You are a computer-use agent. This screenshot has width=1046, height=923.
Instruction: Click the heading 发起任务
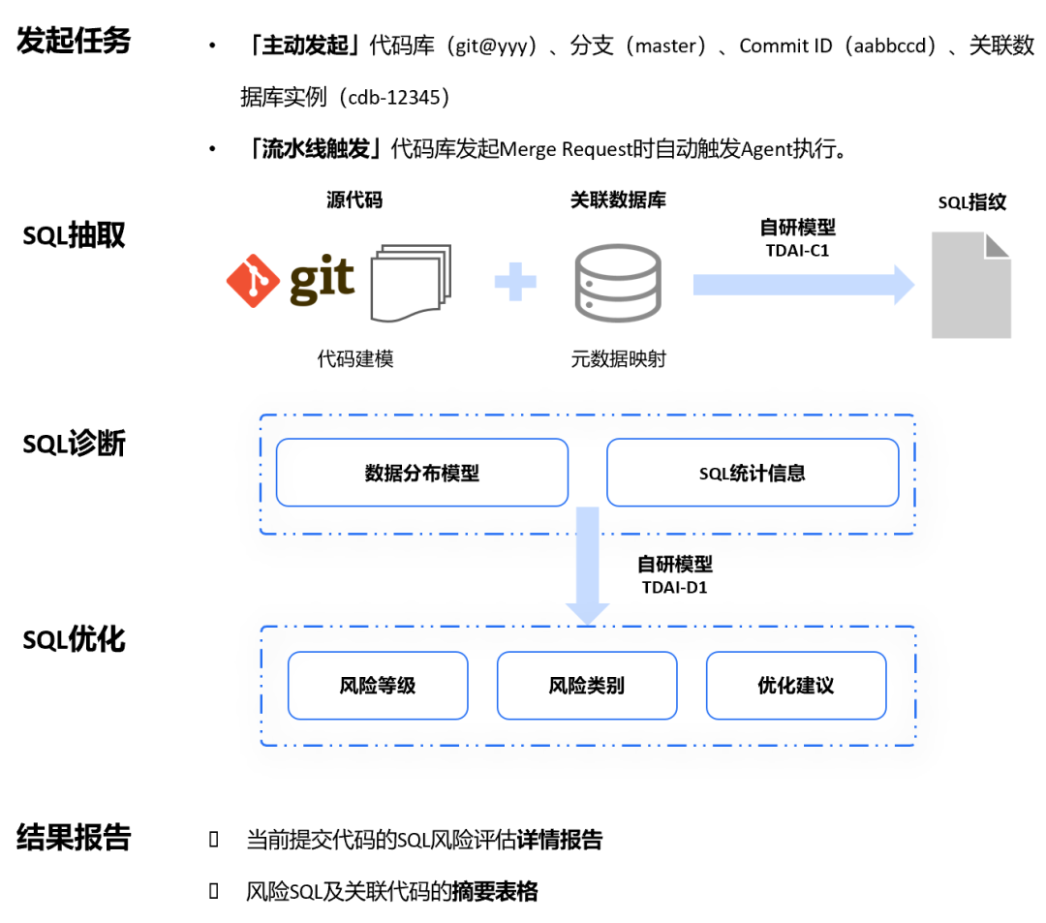[74, 42]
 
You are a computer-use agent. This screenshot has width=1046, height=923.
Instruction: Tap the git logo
[291, 279]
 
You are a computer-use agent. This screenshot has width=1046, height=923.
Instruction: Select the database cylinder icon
[617, 282]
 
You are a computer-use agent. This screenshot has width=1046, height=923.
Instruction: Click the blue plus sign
[515, 282]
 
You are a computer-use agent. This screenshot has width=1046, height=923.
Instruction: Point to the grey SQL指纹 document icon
[970, 285]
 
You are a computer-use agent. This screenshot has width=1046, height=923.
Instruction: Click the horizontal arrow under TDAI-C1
[803, 284]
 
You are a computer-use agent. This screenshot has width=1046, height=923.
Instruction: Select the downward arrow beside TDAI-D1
[588, 566]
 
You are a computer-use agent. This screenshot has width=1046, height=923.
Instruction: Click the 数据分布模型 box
[422, 473]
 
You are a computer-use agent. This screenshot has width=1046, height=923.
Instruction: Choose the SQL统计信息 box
[753, 473]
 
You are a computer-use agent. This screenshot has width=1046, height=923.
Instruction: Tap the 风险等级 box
[378, 686]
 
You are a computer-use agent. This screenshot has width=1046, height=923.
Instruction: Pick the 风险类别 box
[587, 686]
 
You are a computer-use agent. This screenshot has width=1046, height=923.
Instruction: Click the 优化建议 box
[796, 686]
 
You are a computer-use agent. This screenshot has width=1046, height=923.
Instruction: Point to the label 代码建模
[355, 359]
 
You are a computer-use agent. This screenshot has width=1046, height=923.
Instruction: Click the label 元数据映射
[618, 359]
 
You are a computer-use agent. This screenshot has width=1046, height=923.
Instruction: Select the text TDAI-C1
[797, 250]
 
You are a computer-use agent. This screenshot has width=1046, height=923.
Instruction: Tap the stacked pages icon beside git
[411, 282]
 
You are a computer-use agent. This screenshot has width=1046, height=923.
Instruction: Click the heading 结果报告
[74, 838]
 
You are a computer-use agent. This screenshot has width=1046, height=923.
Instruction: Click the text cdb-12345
[392, 98]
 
